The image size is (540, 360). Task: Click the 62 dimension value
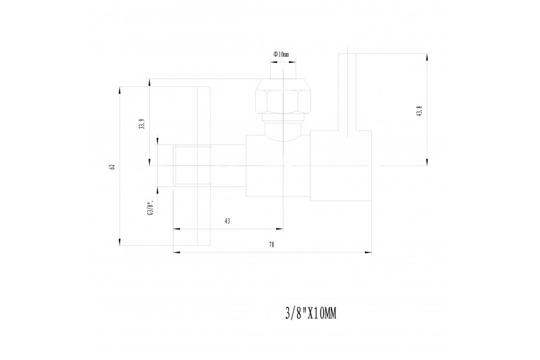[111, 166]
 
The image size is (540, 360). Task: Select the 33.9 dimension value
[141, 124]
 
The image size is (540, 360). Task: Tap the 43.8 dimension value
[419, 111]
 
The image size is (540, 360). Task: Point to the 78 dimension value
[272, 245]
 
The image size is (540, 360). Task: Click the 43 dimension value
[227, 221]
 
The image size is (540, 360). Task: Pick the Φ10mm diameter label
[281, 54]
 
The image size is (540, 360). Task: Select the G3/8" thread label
[150, 209]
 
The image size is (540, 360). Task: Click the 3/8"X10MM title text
[310, 314]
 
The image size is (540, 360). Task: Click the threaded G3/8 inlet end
[192, 166]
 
